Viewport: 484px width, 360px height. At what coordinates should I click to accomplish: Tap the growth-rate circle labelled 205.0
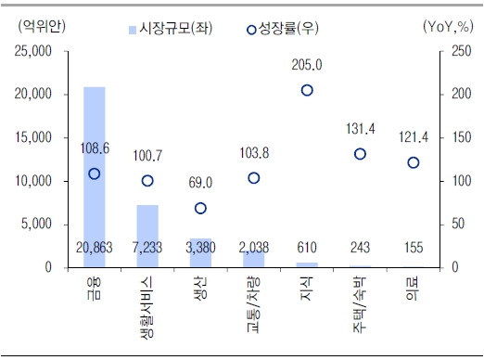pyautogui.click(x=307, y=90)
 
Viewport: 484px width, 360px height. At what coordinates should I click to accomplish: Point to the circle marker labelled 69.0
pyautogui.click(x=200, y=208)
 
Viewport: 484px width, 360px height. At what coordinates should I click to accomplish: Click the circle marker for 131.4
pyautogui.click(x=360, y=154)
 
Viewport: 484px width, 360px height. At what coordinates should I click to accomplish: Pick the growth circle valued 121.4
pyautogui.click(x=413, y=162)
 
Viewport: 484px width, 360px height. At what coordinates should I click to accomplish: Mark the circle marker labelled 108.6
pyautogui.click(x=94, y=174)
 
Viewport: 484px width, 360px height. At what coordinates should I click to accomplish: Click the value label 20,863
pyautogui.click(x=94, y=249)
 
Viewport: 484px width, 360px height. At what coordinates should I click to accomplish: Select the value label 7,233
pyautogui.click(x=147, y=249)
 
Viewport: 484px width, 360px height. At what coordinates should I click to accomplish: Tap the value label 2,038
pyautogui.click(x=254, y=249)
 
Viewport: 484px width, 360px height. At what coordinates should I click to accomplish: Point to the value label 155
pyautogui.click(x=413, y=249)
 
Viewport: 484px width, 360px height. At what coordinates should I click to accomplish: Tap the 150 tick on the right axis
pyautogui.click(x=452, y=137)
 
